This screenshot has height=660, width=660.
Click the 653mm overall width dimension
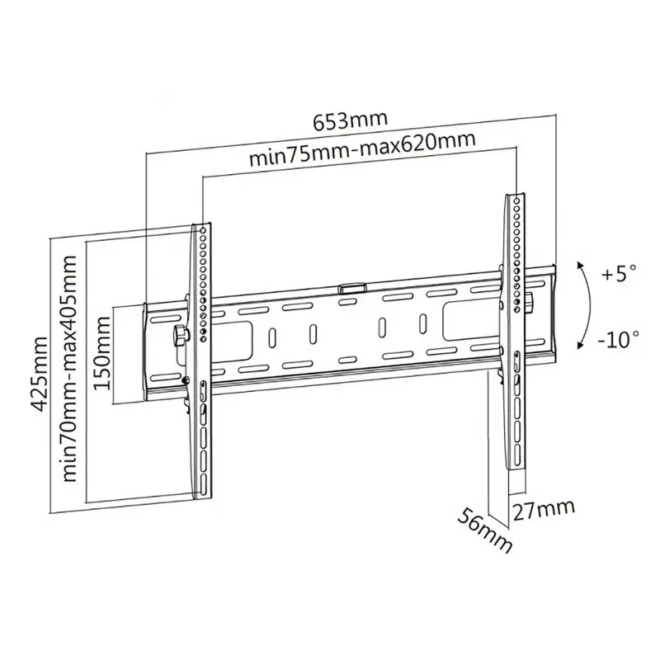pyautogui.click(x=349, y=120)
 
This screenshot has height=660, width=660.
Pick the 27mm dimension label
pyautogui.click(x=542, y=508)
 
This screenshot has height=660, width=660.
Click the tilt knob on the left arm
pyautogui.click(x=180, y=335)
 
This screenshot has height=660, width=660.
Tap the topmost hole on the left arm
pyautogui.click(x=202, y=231)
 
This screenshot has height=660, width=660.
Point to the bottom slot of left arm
pyautogui.click(x=201, y=478)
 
